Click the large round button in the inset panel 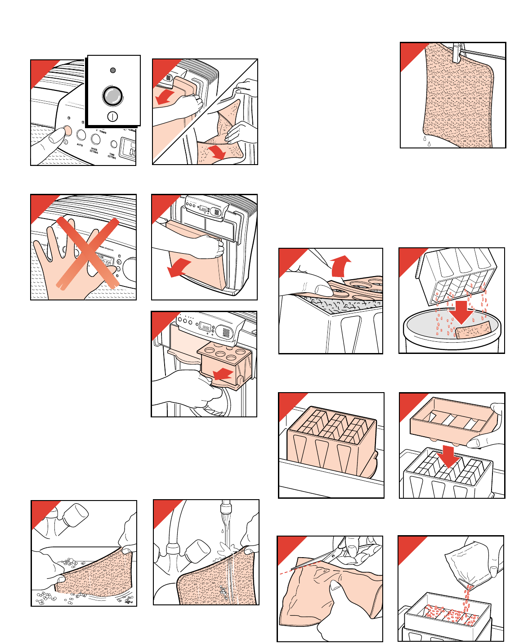click(112, 96)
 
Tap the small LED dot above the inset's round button click(113, 70)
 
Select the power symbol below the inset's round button click(112, 117)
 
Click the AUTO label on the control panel click(80, 145)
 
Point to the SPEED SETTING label click(94, 150)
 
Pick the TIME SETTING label click(112, 156)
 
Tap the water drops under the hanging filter click(426, 142)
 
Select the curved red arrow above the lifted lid click(340, 266)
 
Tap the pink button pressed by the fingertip click(67, 130)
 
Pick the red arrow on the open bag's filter click(217, 152)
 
